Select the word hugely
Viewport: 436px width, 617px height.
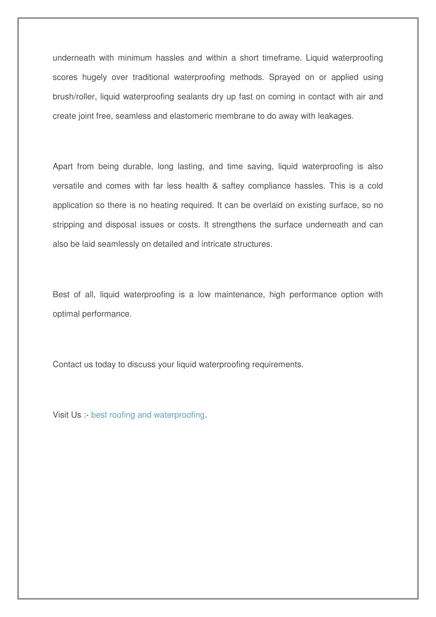click(94, 78)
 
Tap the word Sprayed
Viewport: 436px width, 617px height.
click(285, 77)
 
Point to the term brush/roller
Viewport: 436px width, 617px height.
click(75, 97)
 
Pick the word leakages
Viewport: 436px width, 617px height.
click(335, 116)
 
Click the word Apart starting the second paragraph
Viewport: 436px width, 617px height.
click(63, 166)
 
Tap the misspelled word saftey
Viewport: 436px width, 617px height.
click(233, 186)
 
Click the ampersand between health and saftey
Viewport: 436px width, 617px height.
click(215, 186)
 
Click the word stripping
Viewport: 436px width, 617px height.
click(68, 225)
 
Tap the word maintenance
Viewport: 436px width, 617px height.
click(239, 295)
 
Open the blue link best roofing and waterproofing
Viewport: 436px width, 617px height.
click(148, 415)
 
